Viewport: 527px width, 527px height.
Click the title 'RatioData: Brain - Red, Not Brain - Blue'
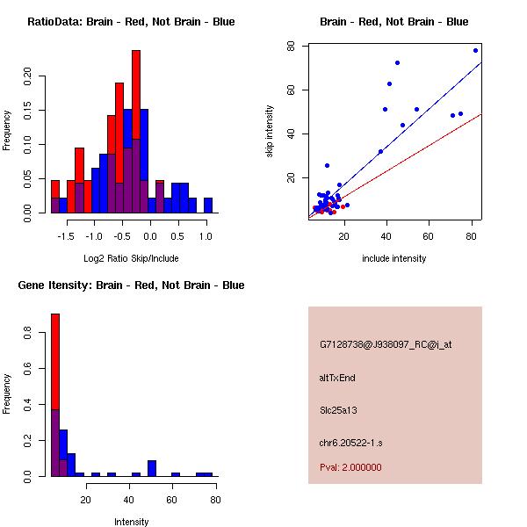(x=131, y=22)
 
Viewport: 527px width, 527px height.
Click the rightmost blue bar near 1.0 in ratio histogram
(x=208, y=206)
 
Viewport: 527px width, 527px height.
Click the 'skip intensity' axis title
(x=271, y=132)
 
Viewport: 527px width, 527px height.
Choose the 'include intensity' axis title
(x=394, y=258)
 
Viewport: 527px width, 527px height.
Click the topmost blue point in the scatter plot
(x=475, y=50)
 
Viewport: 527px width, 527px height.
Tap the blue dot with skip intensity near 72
(x=397, y=63)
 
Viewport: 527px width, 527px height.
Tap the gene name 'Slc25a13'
(x=338, y=409)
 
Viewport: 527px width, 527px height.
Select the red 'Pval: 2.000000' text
(x=350, y=467)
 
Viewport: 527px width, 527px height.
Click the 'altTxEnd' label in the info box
(x=337, y=378)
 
